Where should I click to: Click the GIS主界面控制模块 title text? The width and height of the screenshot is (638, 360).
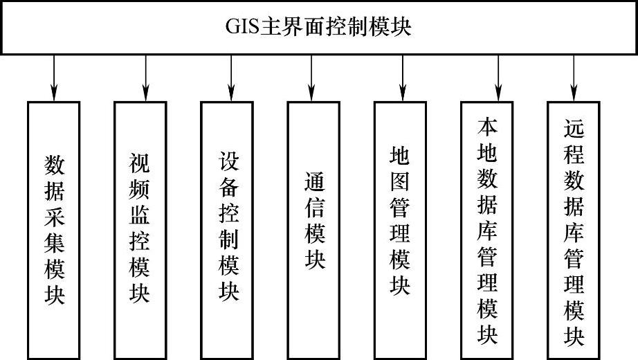[x=319, y=28]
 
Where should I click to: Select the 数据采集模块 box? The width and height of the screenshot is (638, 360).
[x=54, y=228]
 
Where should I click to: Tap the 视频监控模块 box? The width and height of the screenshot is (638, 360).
[x=140, y=228]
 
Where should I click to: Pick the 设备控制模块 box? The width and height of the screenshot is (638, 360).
[x=227, y=228]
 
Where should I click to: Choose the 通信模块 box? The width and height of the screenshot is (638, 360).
[x=313, y=228]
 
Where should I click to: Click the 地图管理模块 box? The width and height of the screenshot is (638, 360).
[x=400, y=228]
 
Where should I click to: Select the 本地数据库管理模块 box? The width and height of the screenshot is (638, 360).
[x=487, y=228]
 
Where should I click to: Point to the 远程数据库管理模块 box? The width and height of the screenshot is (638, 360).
[x=574, y=228]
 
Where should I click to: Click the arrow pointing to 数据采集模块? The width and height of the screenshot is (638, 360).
[x=54, y=78]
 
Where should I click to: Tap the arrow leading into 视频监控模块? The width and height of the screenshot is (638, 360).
[x=146, y=78]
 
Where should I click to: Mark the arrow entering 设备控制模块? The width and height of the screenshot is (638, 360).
[x=229, y=78]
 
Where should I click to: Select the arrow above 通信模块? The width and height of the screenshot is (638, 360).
[x=311, y=78]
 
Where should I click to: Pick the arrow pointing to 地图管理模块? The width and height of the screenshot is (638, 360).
[x=402, y=78]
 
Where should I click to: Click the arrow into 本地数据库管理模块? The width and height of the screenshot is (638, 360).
[x=498, y=78]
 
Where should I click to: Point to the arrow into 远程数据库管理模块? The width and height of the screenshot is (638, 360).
[x=574, y=78]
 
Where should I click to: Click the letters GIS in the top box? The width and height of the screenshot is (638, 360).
[x=241, y=28]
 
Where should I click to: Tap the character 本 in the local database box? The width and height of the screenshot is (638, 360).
[x=487, y=127]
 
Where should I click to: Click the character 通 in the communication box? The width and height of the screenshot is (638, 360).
[x=314, y=181]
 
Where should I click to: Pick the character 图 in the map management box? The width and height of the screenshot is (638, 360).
[x=400, y=181]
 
